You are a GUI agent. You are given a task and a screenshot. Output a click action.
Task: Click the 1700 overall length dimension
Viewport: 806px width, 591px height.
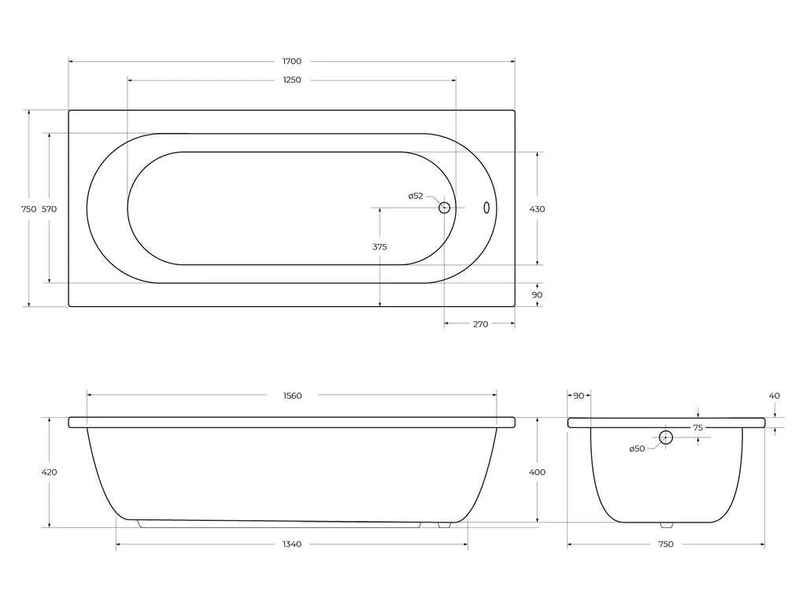pos(292,61)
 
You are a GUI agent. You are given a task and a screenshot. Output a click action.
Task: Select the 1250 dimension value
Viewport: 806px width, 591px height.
pos(292,79)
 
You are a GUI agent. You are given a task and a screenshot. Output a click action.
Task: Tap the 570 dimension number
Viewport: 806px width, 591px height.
pos(50,209)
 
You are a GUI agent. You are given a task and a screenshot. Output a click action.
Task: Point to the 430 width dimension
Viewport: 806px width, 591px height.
pos(537,209)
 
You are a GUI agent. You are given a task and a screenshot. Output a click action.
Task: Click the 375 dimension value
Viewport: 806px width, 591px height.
pos(380,246)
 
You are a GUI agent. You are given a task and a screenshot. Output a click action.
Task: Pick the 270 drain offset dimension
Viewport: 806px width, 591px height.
pos(480,323)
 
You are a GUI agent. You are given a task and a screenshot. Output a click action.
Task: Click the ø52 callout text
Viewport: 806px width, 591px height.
pos(416,196)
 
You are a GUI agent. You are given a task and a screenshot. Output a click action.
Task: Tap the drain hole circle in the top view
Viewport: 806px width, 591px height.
pos(444,208)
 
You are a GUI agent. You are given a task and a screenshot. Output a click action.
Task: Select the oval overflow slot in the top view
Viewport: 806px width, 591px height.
pos(486,208)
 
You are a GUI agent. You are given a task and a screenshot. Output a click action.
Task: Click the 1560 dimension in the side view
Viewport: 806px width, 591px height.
pos(293,396)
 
